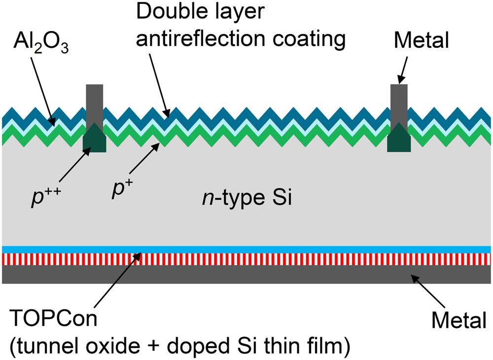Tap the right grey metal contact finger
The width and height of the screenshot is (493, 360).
(x=399, y=106)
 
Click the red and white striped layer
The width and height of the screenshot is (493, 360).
(x=246, y=259)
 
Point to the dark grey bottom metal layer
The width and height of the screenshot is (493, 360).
(x=246, y=274)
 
